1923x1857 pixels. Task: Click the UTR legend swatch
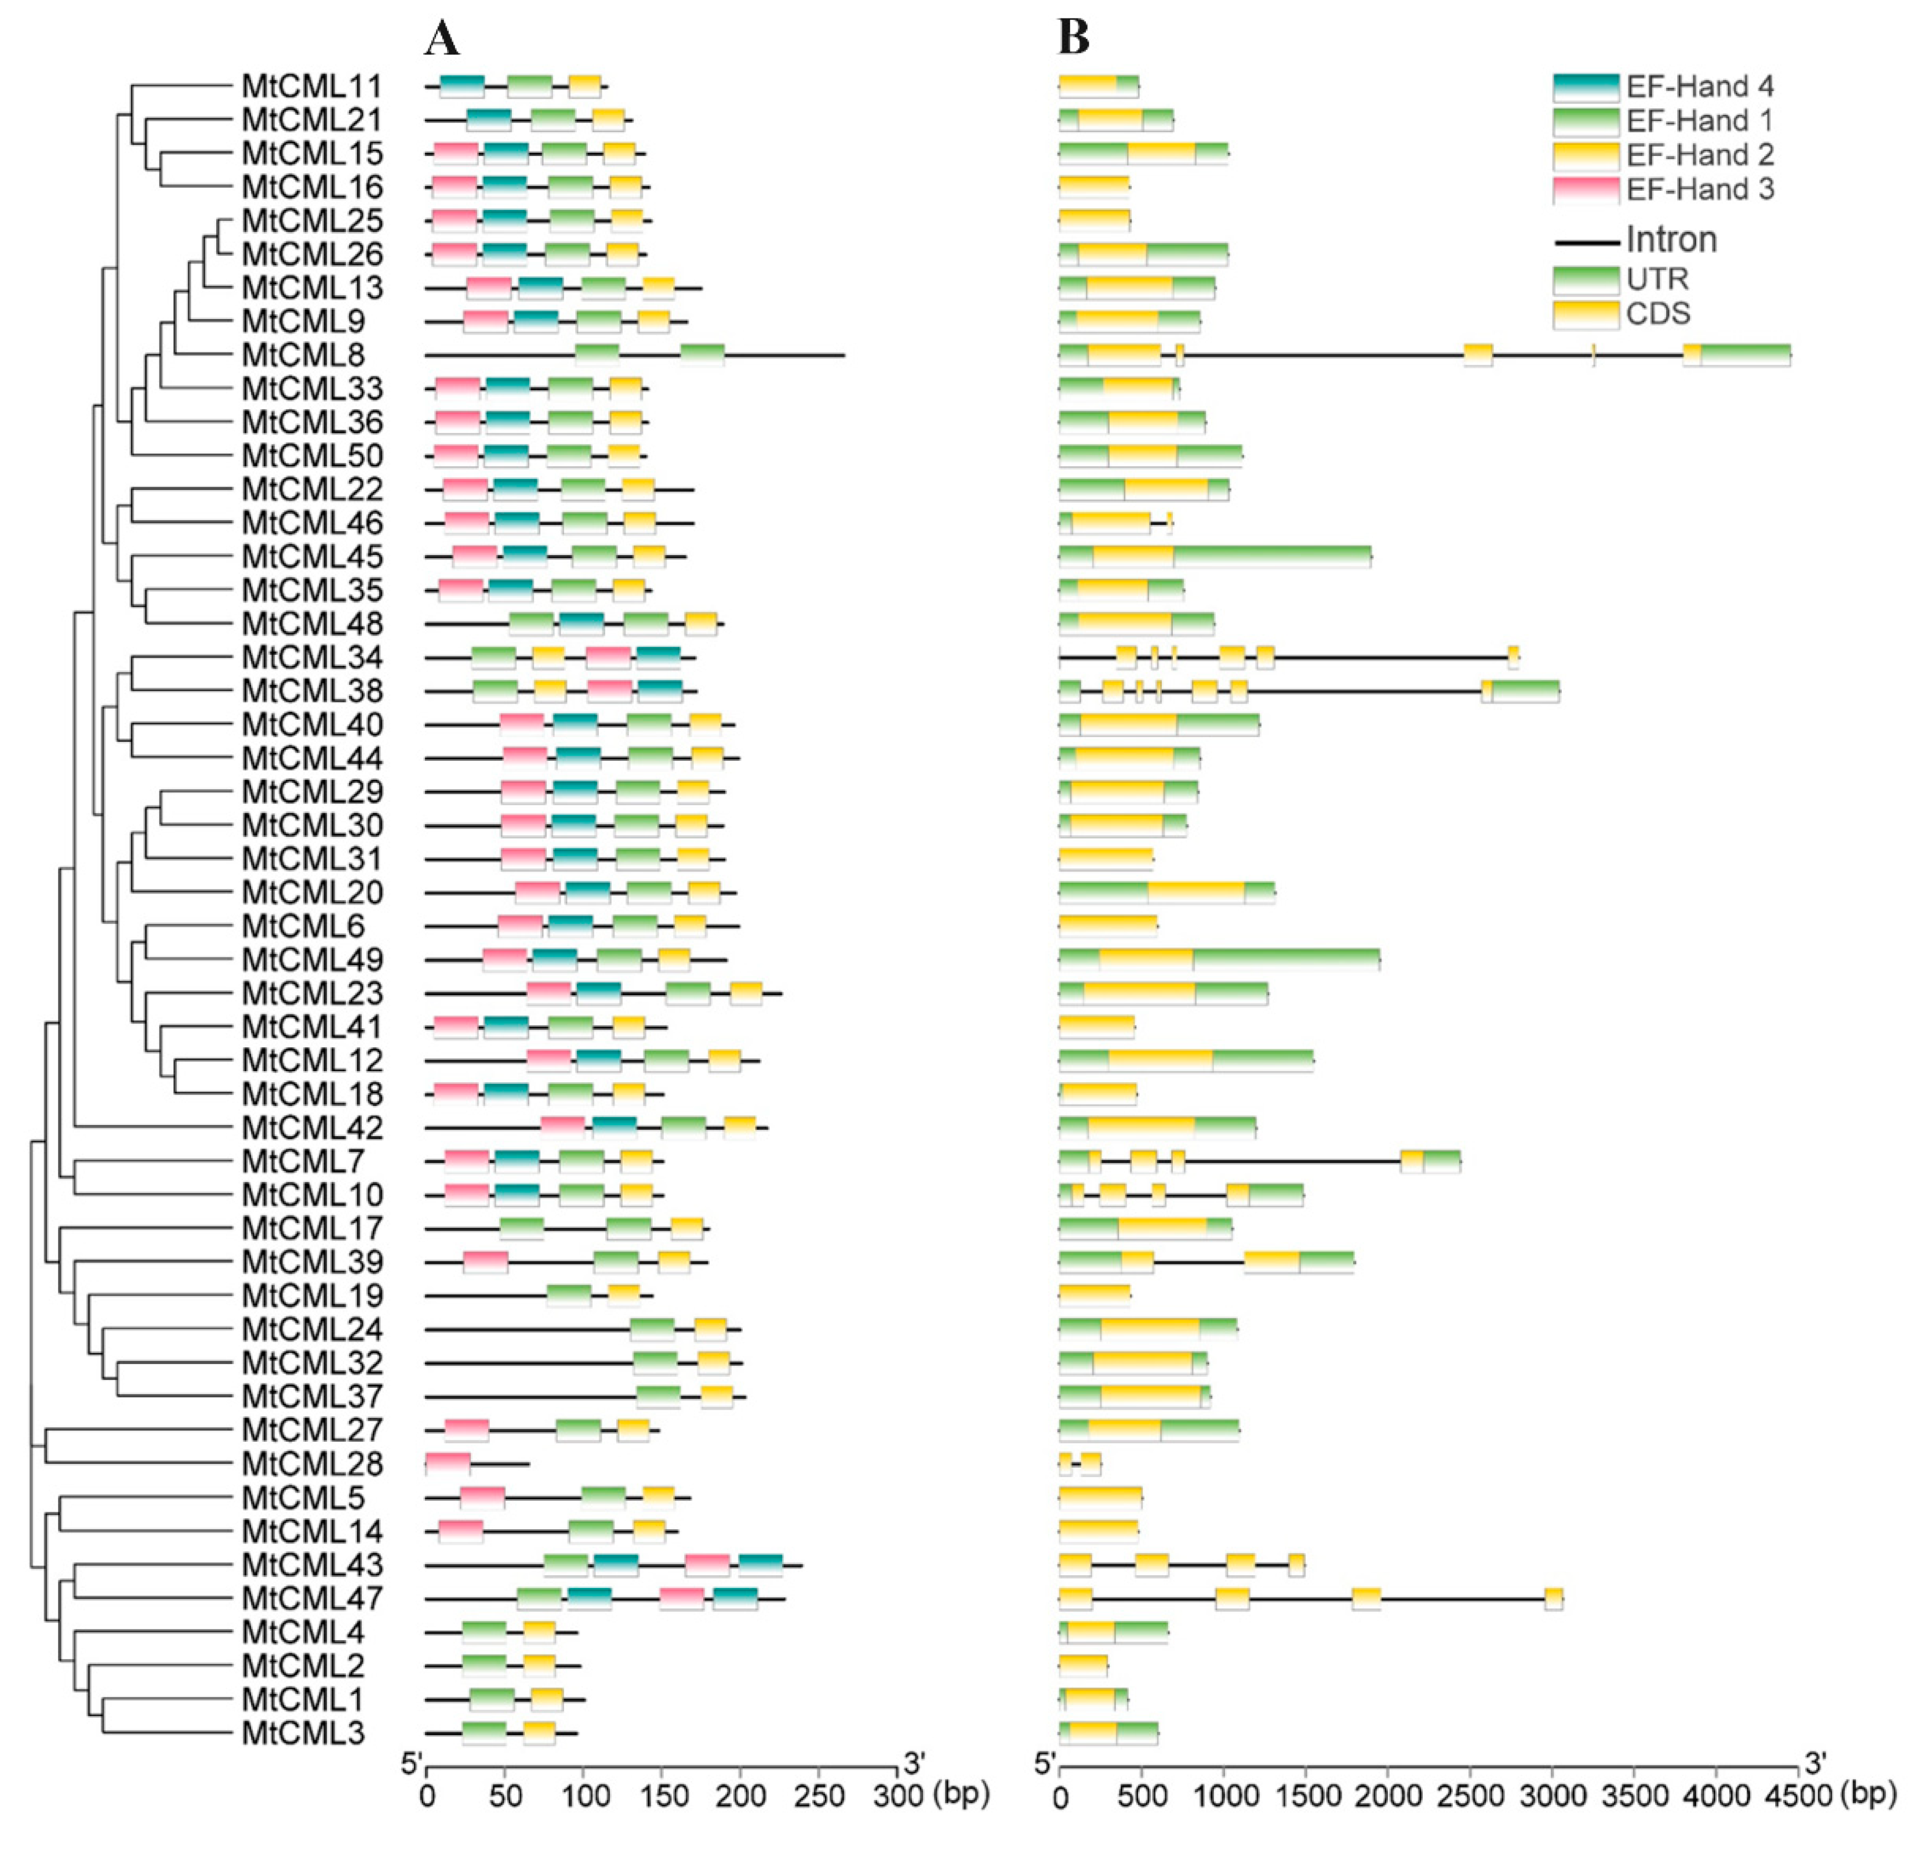click(1586, 280)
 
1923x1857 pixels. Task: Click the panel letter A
click(442, 38)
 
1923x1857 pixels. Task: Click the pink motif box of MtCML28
click(448, 1463)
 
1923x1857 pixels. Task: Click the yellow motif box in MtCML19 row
click(623, 1296)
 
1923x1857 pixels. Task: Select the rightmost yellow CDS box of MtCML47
click(1553, 1598)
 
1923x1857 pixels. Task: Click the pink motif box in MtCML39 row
click(485, 1262)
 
